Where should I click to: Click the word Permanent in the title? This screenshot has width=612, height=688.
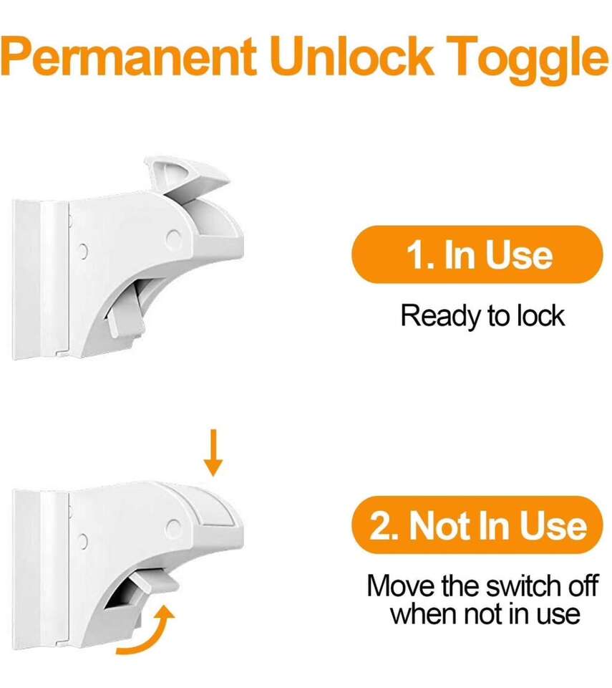point(128,56)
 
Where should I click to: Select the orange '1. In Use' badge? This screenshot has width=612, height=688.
point(477,254)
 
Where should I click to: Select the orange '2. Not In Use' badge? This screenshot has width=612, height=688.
point(477,525)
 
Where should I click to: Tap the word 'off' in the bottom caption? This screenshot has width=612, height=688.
point(583,586)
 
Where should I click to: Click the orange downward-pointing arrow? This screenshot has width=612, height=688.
point(213,453)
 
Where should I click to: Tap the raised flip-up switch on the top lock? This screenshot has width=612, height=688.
point(188,177)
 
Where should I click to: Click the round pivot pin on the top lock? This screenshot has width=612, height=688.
point(174,238)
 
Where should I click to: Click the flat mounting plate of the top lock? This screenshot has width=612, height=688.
point(40,279)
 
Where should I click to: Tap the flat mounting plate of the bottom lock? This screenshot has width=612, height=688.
point(40,569)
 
